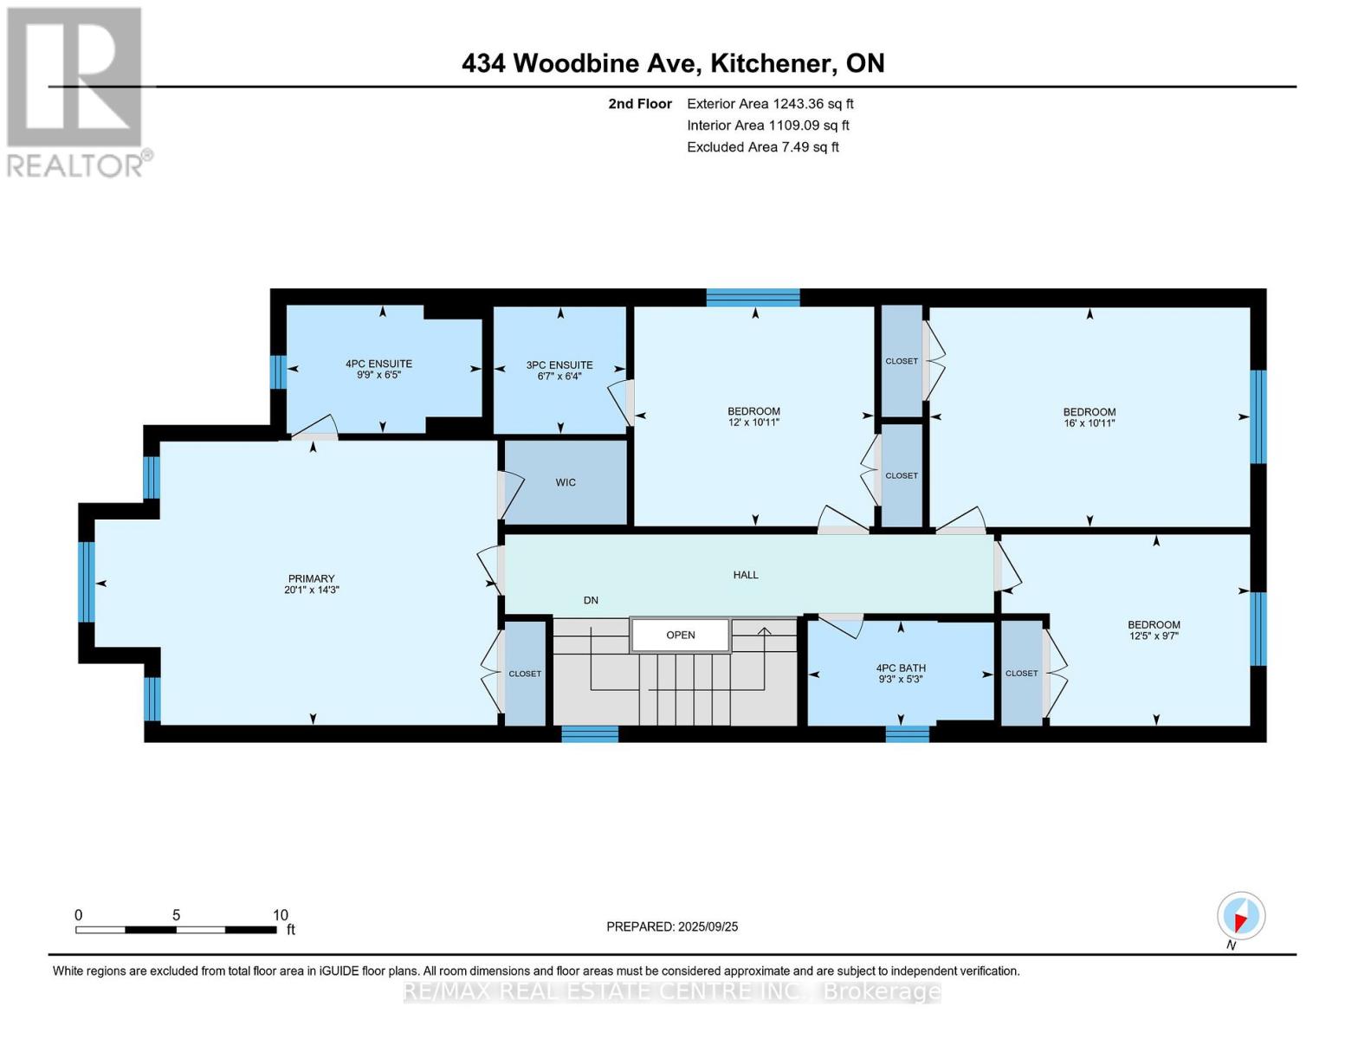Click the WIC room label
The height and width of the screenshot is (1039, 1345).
566,482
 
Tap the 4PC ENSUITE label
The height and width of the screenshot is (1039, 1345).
378,364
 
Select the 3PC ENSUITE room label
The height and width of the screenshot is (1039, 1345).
559,365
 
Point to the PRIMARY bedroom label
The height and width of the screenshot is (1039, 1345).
311,578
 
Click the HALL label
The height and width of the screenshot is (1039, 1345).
746,574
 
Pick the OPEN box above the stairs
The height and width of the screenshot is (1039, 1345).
680,635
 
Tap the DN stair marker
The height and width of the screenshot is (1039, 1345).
591,600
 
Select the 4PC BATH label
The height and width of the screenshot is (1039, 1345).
901,668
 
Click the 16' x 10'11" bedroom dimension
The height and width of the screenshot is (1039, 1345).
1090,423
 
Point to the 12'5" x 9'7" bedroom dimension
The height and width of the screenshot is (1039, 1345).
1154,636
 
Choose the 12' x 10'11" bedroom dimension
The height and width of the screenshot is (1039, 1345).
753,423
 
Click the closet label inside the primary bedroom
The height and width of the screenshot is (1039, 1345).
525,674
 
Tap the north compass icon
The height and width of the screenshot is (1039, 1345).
1241,916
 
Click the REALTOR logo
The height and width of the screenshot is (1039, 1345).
75,91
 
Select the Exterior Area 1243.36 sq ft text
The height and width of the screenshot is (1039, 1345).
770,104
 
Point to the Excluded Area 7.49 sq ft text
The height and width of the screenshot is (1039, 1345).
762,147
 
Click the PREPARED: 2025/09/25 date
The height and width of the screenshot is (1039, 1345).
672,926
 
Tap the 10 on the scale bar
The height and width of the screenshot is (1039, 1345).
280,915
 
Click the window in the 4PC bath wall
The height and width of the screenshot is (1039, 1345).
907,733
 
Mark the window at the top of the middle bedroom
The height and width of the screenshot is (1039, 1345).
753,298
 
